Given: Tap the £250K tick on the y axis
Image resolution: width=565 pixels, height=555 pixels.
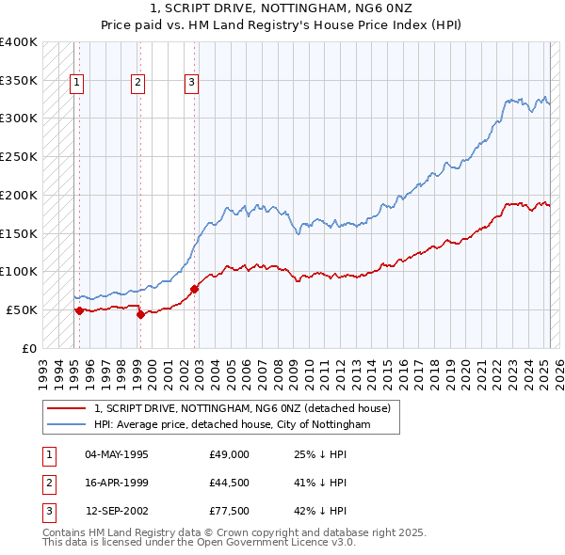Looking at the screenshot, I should (19, 156).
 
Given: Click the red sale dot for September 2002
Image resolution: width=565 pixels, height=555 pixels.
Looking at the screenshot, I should (194, 289).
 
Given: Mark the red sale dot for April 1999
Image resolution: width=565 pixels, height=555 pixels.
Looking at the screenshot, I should (140, 314).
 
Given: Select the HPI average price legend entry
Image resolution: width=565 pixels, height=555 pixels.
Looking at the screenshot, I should (232, 425).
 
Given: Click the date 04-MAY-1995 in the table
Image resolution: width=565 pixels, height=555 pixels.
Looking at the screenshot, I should (117, 454).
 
